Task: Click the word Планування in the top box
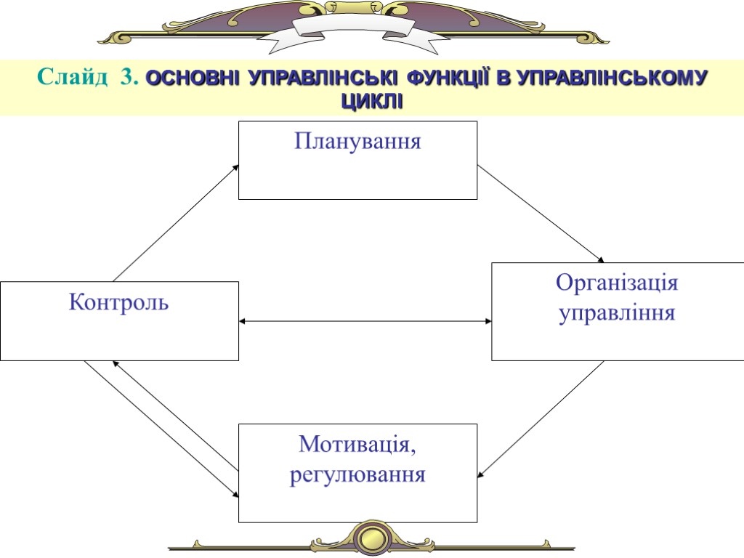(x=357, y=140)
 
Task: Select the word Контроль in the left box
(x=118, y=302)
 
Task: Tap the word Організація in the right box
(x=617, y=283)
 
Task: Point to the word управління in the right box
(x=617, y=314)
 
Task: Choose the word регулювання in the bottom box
(x=357, y=475)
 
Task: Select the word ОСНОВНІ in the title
(x=192, y=78)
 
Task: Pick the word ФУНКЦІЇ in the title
(x=448, y=78)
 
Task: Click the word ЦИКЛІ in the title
(x=371, y=101)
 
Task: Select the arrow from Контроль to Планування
(x=176, y=222)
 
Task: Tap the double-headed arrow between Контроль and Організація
(x=365, y=320)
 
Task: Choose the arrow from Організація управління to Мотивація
(x=541, y=419)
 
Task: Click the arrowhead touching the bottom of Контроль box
(x=117, y=363)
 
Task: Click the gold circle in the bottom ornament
(x=372, y=538)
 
